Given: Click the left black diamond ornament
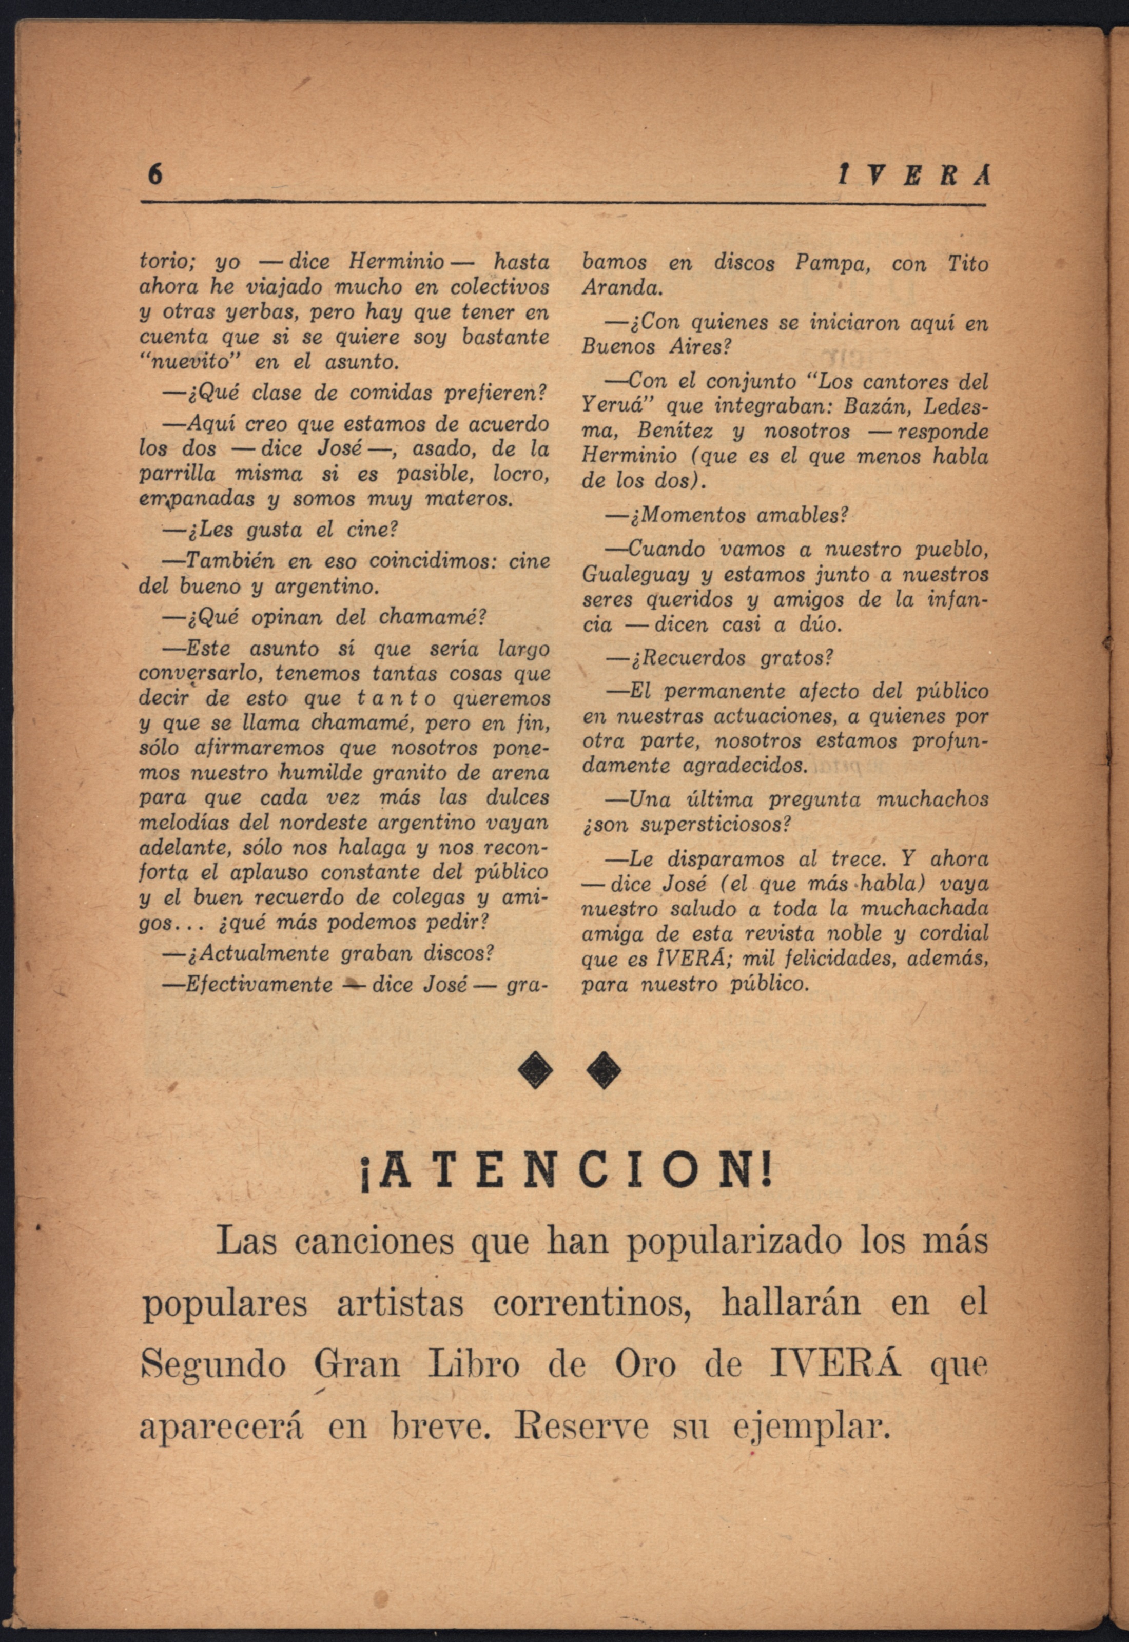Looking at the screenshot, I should click(535, 1072).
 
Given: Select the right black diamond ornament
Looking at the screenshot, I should click(604, 1072).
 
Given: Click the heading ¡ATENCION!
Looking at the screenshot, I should click(564, 1170).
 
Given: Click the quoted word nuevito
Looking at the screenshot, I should click(191, 362).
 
